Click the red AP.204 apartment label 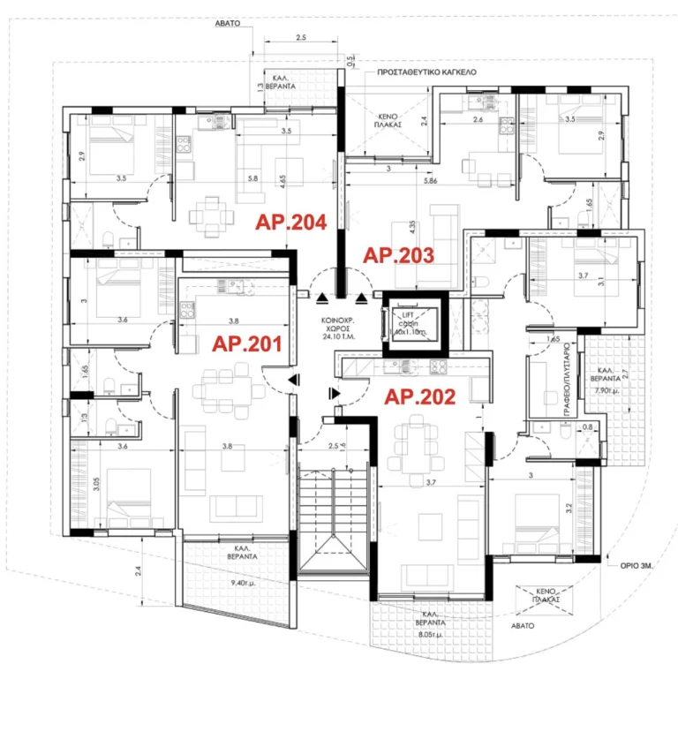pos(291,223)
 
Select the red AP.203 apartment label pos(400,256)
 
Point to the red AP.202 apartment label pos(419,397)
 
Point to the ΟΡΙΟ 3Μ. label pos(633,560)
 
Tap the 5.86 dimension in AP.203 pos(431,181)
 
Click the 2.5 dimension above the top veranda pos(300,39)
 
